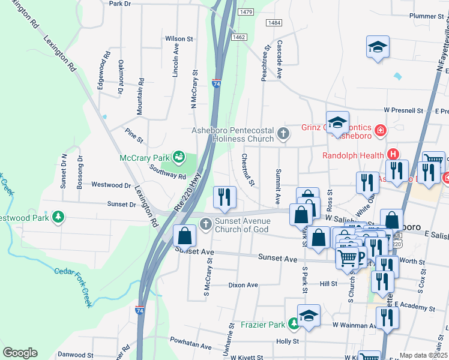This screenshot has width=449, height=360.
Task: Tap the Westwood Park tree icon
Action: (x=58, y=216)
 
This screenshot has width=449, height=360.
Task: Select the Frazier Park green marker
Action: (x=294, y=325)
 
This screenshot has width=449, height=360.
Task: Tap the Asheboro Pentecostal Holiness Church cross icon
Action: (x=283, y=135)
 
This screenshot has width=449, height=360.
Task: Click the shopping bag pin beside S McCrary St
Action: (x=185, y=236)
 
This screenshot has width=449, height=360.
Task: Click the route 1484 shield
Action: (x=274, y=23)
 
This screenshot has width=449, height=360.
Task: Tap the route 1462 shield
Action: (x=239, y=37)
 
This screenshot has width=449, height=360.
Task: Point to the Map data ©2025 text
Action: (x=423, y=355)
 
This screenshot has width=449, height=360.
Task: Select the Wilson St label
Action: (x=179, y=38)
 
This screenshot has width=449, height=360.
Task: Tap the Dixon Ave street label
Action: (x=243, y=285)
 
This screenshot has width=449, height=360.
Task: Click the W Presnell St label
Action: (x=403, y=111)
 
